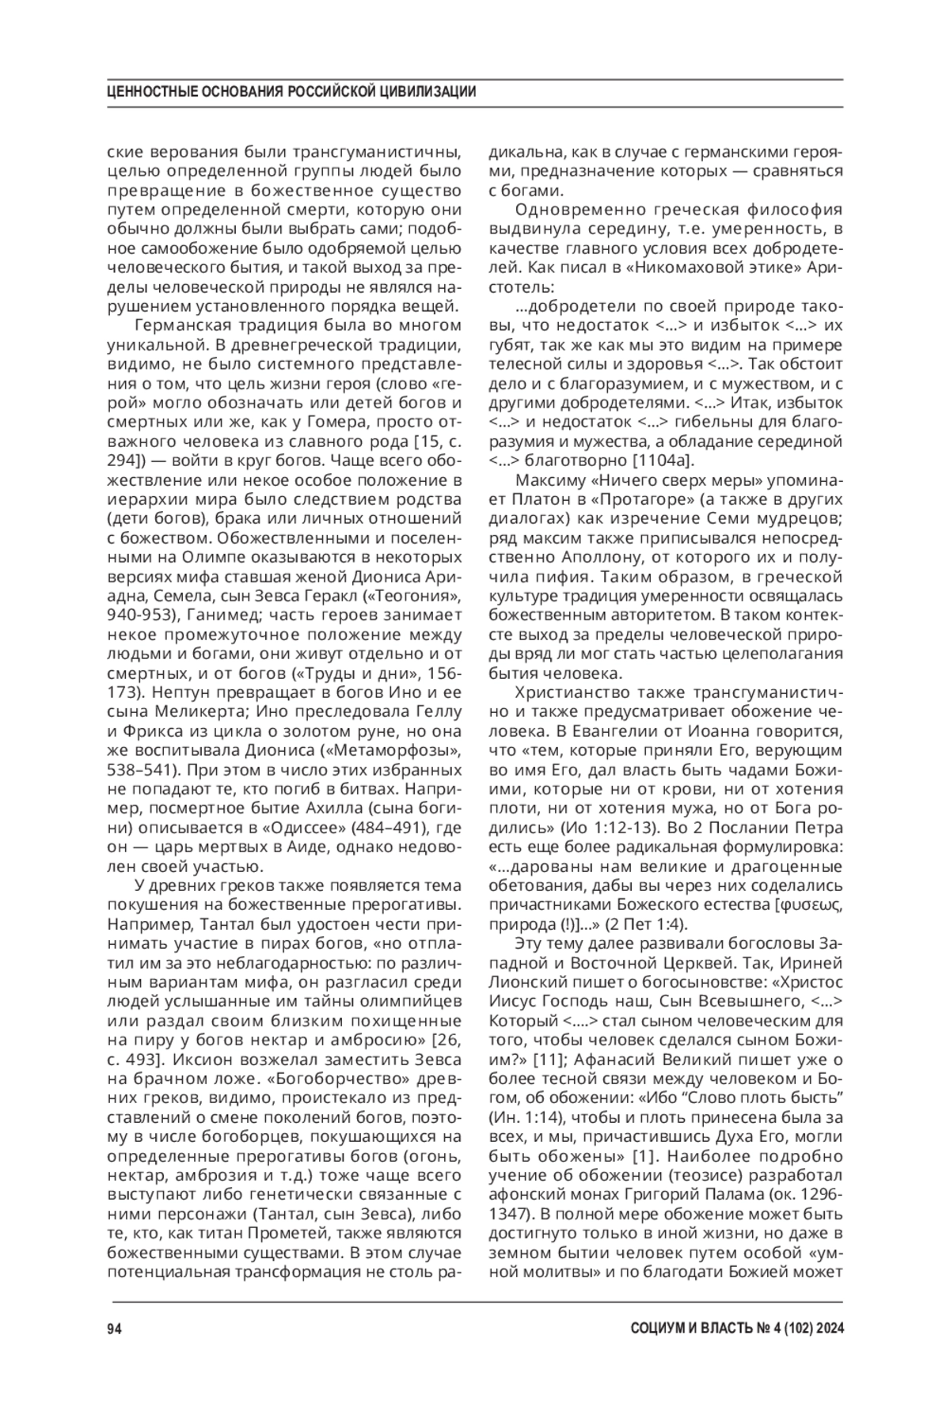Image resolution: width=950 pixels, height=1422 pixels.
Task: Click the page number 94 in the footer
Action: point(113,1329)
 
